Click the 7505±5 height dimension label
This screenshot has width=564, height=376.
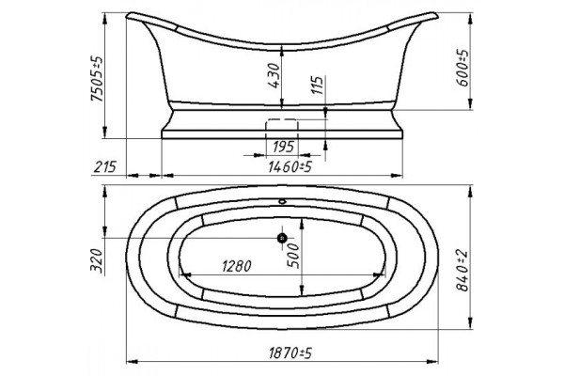click(x=97, y=79)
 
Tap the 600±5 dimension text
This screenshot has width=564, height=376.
click(x=462, y=68)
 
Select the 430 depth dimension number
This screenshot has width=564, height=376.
click(x=274, y=75)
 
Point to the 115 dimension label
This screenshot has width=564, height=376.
click(x=318, y=85)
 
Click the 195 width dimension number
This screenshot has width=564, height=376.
click(x=284, y=147)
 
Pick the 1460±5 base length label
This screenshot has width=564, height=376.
click(x=290, y=167)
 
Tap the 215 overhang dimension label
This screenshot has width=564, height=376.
click(x=105, y=167)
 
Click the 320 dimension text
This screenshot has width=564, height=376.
click(x=97, y=261)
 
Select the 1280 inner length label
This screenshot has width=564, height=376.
click(x=236, y=267)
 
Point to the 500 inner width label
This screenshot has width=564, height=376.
click(x=292, y=255)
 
